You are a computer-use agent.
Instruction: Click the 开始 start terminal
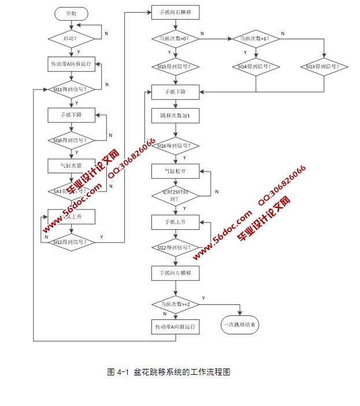(70, 13)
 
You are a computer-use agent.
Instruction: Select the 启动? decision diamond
(70, 39)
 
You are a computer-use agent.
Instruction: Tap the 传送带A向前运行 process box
(70, 63)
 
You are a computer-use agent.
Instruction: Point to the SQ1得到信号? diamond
(70, 90)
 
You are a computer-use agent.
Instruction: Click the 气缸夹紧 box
(70, 166)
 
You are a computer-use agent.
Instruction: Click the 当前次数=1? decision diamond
(255, 39)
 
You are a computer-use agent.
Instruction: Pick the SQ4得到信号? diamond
(255, 66)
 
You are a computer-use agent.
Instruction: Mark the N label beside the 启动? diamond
(106, 34)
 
